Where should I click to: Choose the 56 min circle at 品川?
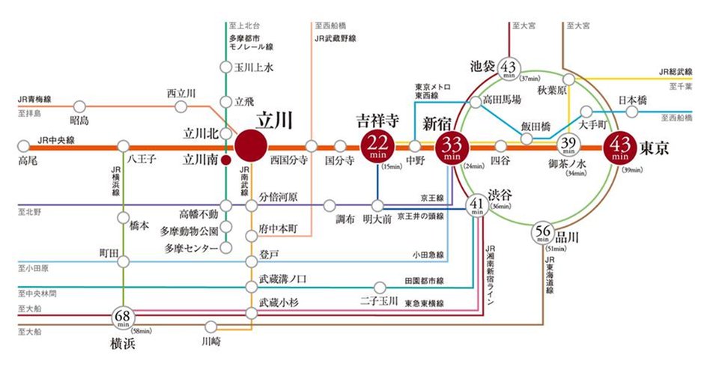coord(544,234)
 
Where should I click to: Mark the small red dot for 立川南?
coord(225,159)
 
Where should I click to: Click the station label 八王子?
coord(141,159)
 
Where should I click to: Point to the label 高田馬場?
coord(501,99)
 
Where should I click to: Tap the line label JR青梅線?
coord(35,98)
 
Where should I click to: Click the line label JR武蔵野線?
coord(335,37)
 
